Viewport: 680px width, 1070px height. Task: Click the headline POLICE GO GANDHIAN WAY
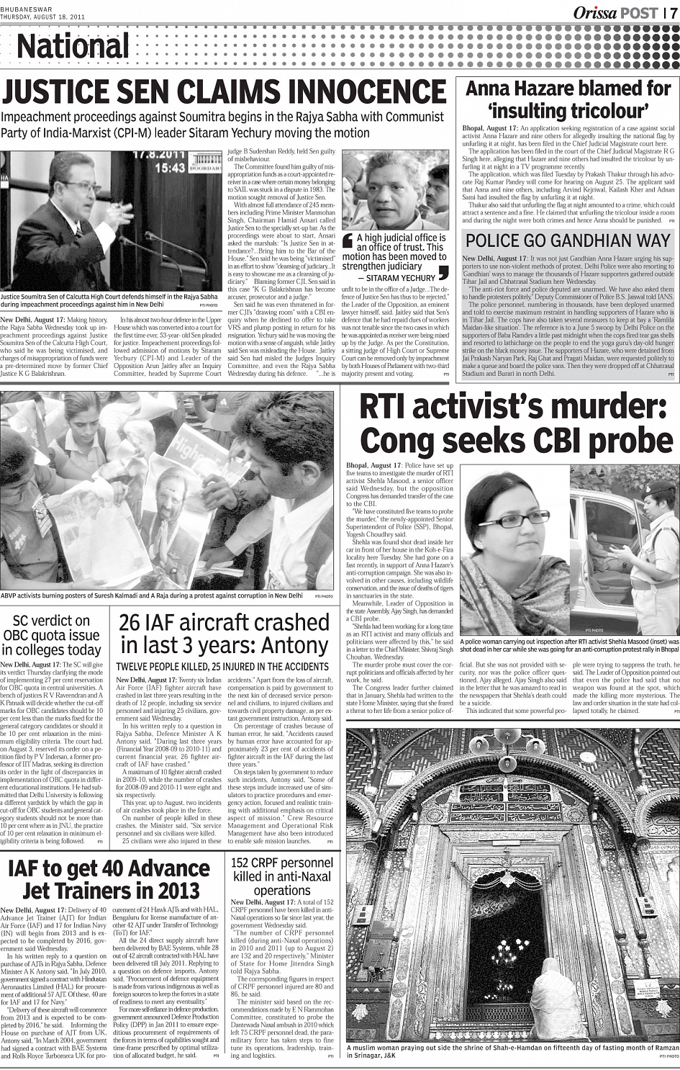(568, 240)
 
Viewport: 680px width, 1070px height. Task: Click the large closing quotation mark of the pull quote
(443, 273)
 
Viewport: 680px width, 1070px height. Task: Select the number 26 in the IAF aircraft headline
(133, 622)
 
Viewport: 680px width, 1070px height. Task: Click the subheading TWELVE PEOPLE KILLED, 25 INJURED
(222, 667)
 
